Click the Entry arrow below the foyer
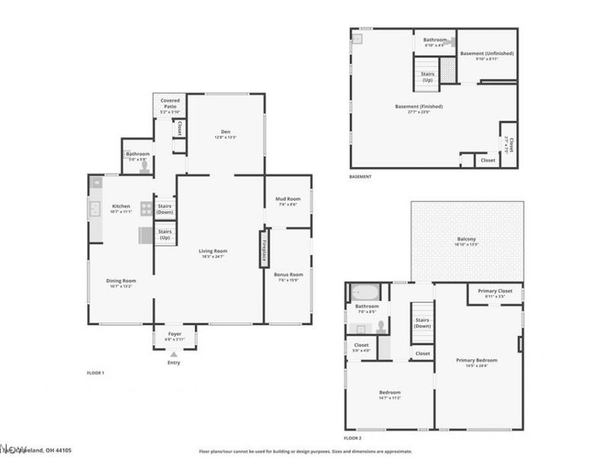tap(174, 354)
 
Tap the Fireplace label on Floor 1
tap(263, 250)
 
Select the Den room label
tap(227, 133)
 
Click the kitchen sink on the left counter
tap(95, 208)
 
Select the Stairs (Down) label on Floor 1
tap(165, 208)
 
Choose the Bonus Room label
tap(289, 276)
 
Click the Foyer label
tap(174, 335)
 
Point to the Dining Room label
tap(121, 282)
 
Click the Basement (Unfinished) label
tap(487, 54)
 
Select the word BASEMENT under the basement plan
tap(360, 176)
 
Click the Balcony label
tap(467, 240)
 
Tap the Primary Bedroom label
tap(477, 362)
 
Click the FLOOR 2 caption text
tap(352, 438)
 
